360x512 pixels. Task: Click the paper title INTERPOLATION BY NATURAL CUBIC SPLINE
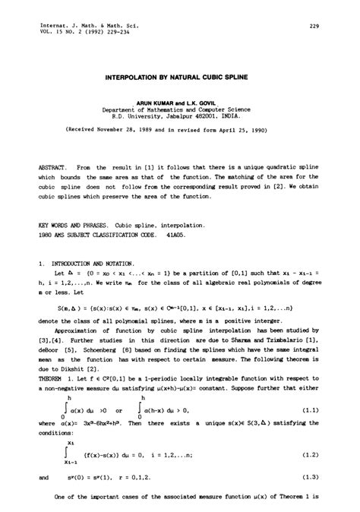(179, 78)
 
